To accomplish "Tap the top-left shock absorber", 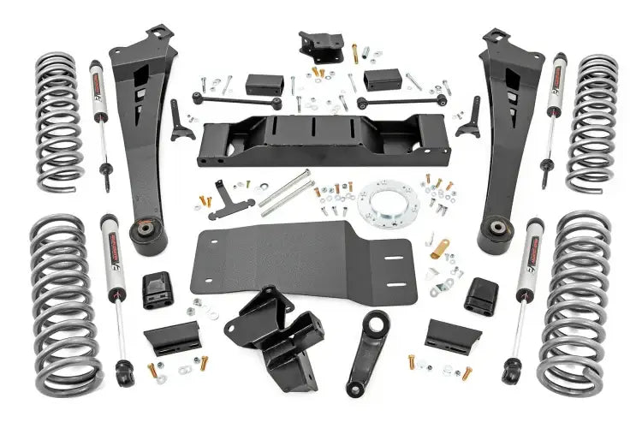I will pos(101,120).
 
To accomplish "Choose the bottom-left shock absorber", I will pos(114,291).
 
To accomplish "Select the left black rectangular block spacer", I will pos(265,84).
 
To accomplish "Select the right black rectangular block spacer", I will pos(382,80).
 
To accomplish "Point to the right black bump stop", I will pos(482,295).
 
